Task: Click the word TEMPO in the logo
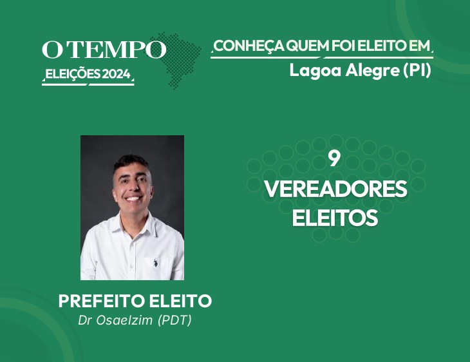click(x=118, y=49)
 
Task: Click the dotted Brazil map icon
click(x=177, y=61)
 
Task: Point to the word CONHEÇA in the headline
click(x=249, y=47)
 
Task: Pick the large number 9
click(x=334, y=158)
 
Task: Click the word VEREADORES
click(x=335, y=189)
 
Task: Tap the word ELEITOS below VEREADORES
click(x=335, y=218)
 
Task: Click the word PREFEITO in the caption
click(x=102, y=301)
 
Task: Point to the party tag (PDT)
click(x=174, y=320)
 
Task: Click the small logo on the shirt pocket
click(x=155, y=263)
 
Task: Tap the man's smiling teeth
click(x=133, y=198)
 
